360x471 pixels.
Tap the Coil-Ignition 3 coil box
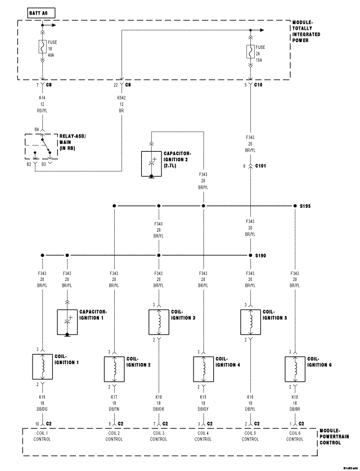click(159, 321)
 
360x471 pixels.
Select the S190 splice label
click(261, 256)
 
